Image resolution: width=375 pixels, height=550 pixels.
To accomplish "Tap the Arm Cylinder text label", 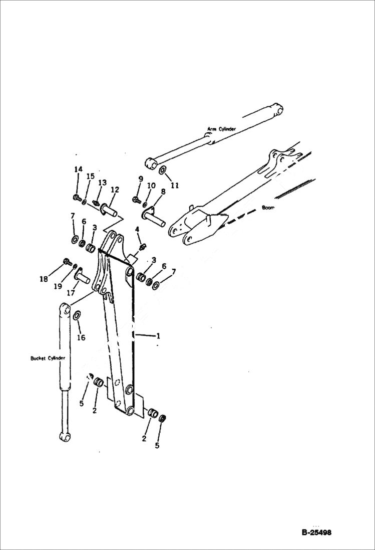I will tap(221, 129).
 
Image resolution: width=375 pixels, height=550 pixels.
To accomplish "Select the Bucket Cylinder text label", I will tap(48, 358).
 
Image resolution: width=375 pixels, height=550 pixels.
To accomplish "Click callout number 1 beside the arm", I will tap(158, 335).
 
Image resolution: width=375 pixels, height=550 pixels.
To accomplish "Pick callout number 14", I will tap(78, 169).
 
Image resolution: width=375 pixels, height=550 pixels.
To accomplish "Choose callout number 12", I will tap(115, 190).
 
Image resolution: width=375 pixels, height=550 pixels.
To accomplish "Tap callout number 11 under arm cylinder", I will tap(174, 185).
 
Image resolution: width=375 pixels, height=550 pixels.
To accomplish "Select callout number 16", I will tap(81, 337).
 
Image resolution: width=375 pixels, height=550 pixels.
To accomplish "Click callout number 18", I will tap(44, 279).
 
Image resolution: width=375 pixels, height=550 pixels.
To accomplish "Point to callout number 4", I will tap(137, 230).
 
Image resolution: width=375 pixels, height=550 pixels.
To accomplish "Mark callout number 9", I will tap(140, 178).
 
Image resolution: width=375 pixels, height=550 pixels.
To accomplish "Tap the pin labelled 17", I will tap(83, 276).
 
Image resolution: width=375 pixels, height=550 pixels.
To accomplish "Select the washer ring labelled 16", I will tap(77, 316).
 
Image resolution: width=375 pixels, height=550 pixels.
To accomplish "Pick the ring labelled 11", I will tap(163, 171).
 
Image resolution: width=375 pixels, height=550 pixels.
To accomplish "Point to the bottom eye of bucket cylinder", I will tap(64, 437).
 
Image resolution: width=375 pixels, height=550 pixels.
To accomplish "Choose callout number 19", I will tap(58, 286).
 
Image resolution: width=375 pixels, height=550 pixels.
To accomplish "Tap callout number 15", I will tap(90, 176).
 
